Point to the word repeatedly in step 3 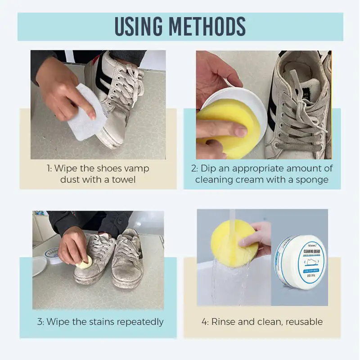click(138, 322)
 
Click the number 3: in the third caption click(40, 322)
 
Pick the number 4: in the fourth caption click(205, 322)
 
